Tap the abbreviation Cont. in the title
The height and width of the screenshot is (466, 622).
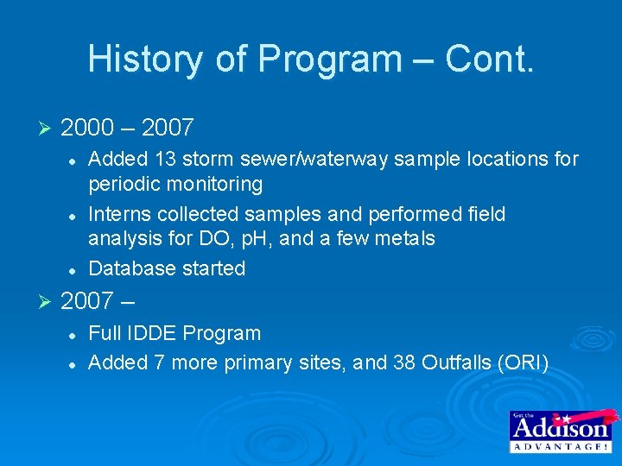(490, 60)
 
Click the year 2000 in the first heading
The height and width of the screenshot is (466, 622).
(87, 129)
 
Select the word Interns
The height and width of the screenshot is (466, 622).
(120, 214)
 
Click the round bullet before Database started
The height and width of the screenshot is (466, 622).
(75, 269)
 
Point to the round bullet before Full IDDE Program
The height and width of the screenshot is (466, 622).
(75, 333)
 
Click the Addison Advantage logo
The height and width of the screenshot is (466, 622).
(559, 431)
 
